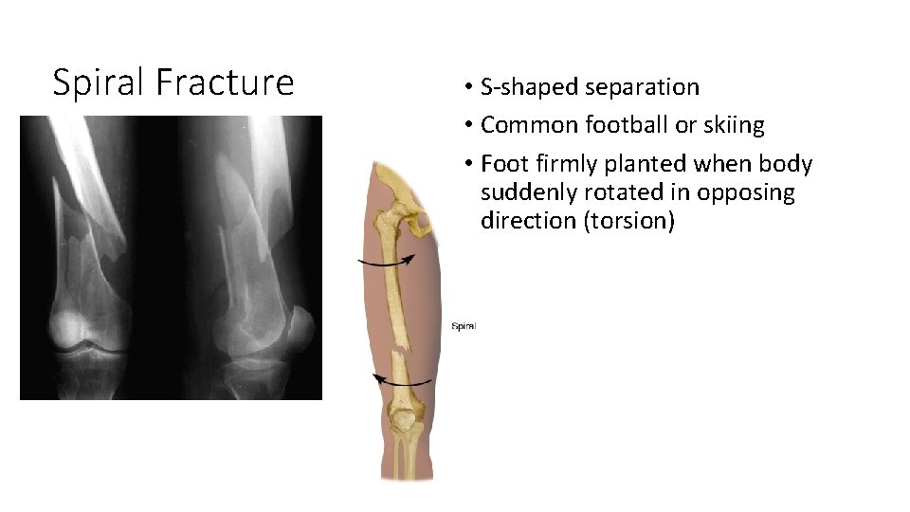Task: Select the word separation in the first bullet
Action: tap(642, 87)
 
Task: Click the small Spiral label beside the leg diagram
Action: tap(463, 326)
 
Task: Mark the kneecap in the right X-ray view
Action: tap(302, 328)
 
